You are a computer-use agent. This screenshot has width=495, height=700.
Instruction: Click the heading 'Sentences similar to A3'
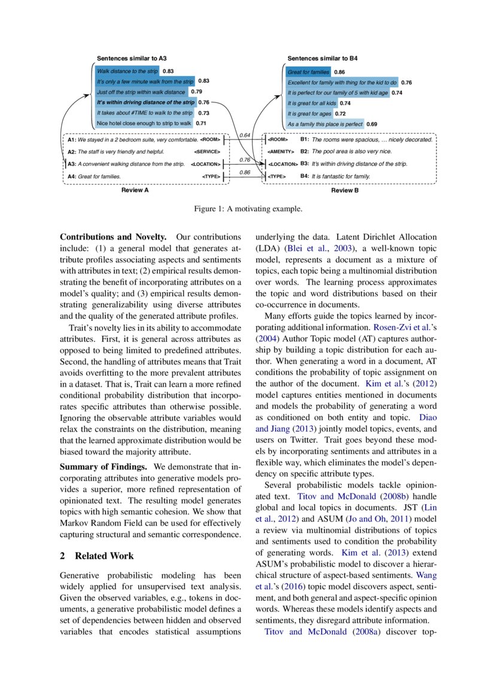click(132, 59)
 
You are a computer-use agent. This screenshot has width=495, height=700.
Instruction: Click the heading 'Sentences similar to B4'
click(323, 59)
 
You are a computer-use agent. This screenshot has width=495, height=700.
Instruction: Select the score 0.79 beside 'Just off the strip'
click(196, 92)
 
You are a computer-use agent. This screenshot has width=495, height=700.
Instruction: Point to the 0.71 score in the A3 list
click(201, 123)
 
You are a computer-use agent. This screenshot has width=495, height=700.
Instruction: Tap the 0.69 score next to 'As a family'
click(372, 124)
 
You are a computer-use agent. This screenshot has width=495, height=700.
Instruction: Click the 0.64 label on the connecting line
click(244, 135)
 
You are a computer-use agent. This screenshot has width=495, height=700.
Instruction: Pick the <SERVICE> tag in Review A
click(207, 151)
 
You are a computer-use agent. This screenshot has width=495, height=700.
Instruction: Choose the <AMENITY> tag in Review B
click(281, 151)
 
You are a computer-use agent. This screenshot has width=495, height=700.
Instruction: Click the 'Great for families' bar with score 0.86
click(308, 72)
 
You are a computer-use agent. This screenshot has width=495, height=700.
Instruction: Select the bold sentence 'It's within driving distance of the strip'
click(145, 102)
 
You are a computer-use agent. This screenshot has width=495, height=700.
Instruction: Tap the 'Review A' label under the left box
click(135, 190)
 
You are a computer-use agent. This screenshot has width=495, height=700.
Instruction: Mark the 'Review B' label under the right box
click(345, 190)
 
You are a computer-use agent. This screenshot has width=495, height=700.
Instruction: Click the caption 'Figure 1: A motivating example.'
click(248, 209)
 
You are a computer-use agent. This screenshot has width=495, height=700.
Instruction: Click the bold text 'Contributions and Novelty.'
click(114, 237)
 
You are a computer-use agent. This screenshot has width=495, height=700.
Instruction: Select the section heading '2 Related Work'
click(97, 556)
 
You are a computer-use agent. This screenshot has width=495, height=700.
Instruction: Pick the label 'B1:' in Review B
click(304, 139)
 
